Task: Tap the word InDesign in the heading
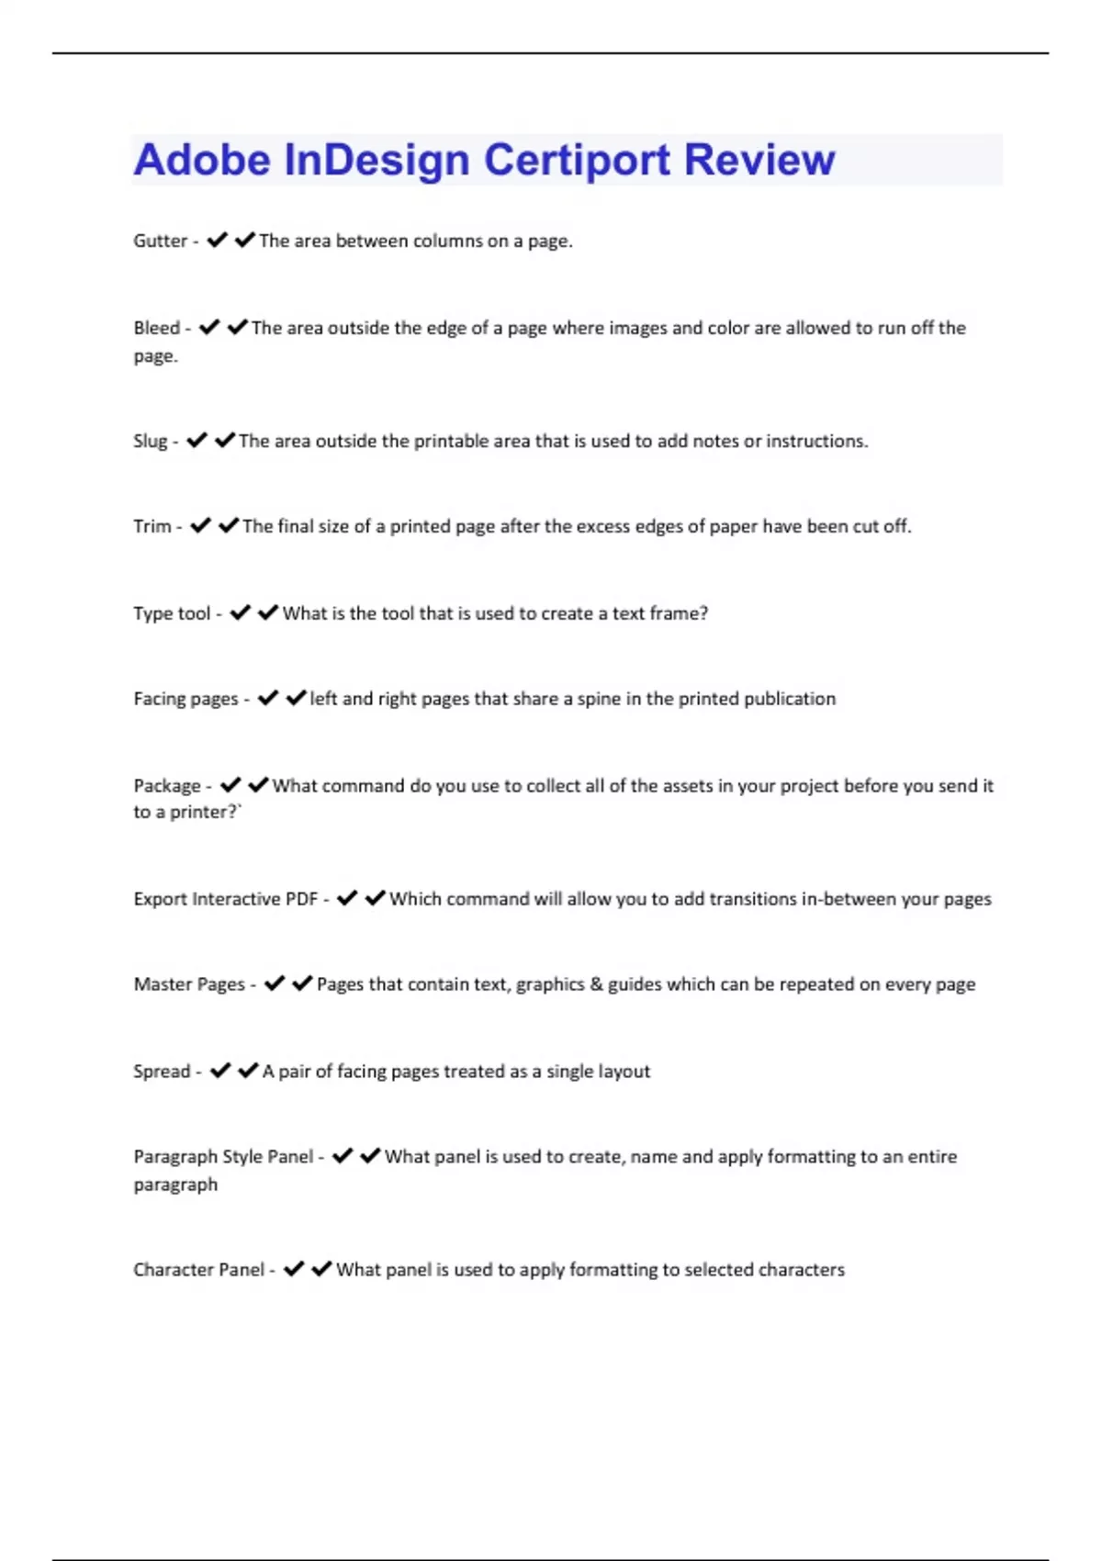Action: pyautogui.click(x=377, y=160)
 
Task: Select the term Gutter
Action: pyautogui.click(x=160, y=241)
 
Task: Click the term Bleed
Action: pyautogui.click(x=156, y=328)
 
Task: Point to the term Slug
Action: pyautogui.click(x=150, y=441)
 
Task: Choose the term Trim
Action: pyautogui.click(x=152, y=526)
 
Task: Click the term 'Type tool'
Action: pyautogui.click(x=172, y=613)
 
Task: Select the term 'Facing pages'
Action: pyautogui.click(x=186, y=699)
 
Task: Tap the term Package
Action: pyautogui.click(x=166, y=786)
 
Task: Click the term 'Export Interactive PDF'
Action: pyautogui.click(x=225, y=899)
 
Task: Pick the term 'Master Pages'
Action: pyautogui.click(x=189, y=984)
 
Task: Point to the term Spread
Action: pyautogui.click(x=162, y=1072)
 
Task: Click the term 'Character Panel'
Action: pyautogui.click(x=198, y=1270)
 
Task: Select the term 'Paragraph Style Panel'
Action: pyautogui.click(x=223, y=1157)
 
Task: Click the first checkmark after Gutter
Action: pyautogui.click(x=217, y=241)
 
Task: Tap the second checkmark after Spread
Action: pyautogui.click(x=248, y=1071)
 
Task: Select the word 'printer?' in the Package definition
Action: pyautogui.click(x=204, y=813)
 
